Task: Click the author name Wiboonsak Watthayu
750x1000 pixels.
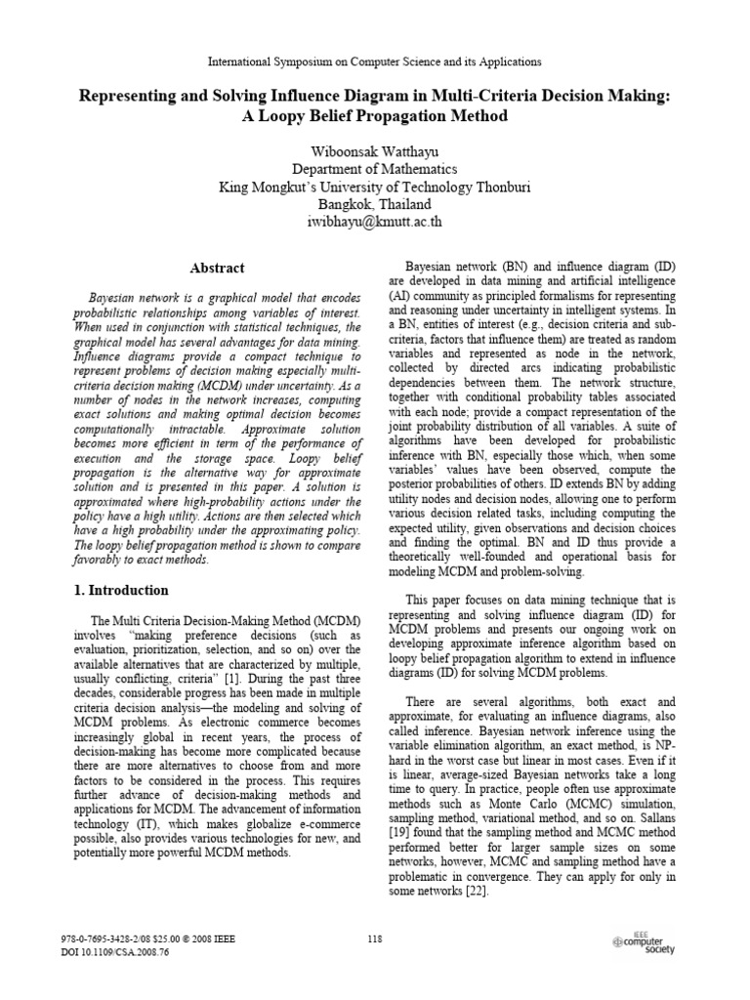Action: [x=374, y=152]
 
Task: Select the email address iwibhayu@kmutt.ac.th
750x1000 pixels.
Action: [x=374, y=221]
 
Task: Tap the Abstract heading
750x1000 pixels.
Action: [x=216, y=268]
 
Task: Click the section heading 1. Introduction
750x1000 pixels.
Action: [x=123, y=590]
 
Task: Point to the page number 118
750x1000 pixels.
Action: [x=375, y=939]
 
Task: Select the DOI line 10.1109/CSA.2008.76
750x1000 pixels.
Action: [x=115, y=952]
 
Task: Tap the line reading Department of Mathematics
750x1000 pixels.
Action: [x=375, y=169]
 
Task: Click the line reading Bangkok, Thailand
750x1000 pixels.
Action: [x=375, y=203]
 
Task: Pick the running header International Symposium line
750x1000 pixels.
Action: [x=375, y=62]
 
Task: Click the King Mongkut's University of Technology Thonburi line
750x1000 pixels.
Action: [x=375, y=187]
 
